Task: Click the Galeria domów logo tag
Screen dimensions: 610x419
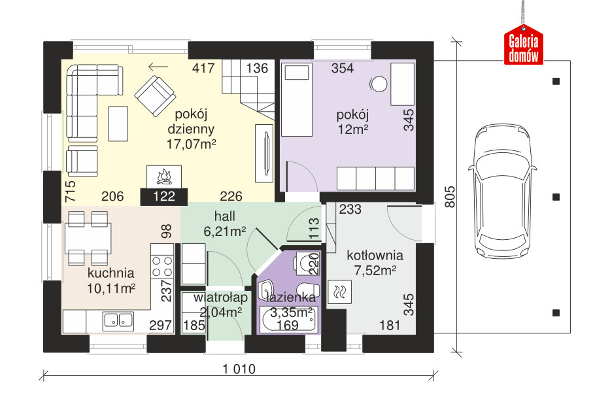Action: click(524, 45)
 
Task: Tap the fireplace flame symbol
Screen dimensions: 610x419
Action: click(164, 177)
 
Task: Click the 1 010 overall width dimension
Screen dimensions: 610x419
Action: click(239, 369)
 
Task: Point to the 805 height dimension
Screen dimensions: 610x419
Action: click(449, 197)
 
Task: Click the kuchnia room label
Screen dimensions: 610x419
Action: click(111, 273)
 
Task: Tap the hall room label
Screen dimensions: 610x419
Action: click(225, 216)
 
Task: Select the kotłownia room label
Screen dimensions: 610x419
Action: click(375, 256)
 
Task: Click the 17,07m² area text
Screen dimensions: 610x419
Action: click(192, 144)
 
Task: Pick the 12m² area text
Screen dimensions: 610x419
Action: click(353, 129)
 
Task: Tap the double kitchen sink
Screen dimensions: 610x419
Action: click(118, 320)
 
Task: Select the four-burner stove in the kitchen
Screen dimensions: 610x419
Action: click(162, 266)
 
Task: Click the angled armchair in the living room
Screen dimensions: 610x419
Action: click(155, 95)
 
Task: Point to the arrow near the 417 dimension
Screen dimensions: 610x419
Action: click(158, 67)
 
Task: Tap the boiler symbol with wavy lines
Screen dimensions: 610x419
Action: click(340, 292)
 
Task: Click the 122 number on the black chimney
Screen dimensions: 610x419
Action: click(164, 197)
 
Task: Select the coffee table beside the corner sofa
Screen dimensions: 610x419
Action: click(118, 124)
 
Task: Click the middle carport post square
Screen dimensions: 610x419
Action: click(556, 197)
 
